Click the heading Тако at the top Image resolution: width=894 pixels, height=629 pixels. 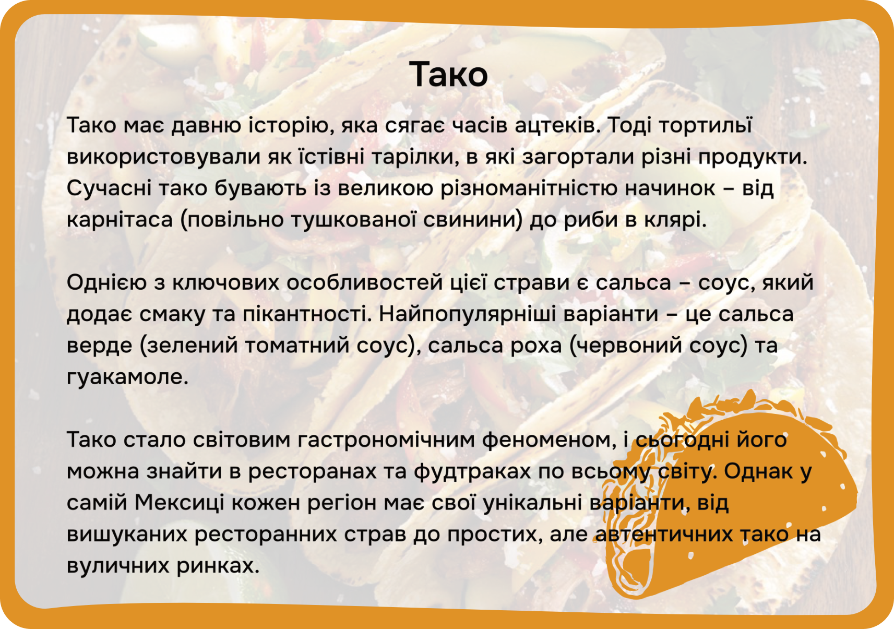[x=448, y=74]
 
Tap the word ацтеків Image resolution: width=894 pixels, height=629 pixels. [x=555, y=125]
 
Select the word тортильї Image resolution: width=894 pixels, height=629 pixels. [x=705, y=125]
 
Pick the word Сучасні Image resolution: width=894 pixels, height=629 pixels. [x=109, y=188]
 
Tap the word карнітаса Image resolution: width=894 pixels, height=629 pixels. [x=120, y=220]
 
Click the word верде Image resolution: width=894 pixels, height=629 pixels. [x=99, y=346]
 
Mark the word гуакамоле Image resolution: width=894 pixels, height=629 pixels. [x=127, y=377]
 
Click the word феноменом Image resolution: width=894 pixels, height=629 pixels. [x=549, y=440]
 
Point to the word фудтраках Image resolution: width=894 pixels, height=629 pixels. [x=472, y=471]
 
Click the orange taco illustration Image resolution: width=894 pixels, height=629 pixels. [x=734, y=499]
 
